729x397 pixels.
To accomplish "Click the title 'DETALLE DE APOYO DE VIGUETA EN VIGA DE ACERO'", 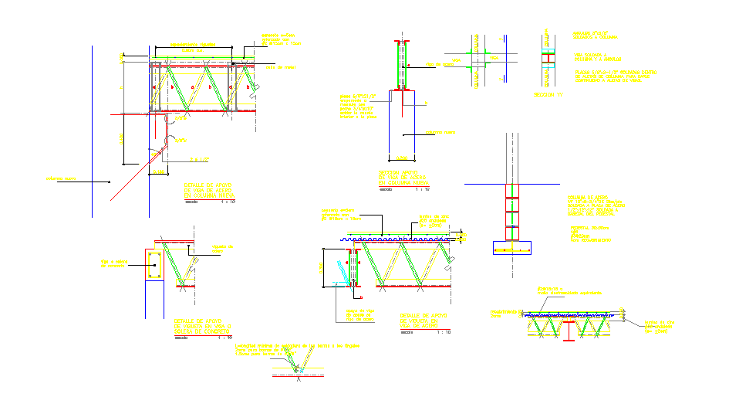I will (x=424, y=321).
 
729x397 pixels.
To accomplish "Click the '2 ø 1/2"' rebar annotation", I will (x=200, y=159).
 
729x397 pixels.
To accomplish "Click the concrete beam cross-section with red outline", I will (x=154, y=264).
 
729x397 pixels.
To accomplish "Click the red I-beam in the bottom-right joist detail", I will (x=567, y=332).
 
